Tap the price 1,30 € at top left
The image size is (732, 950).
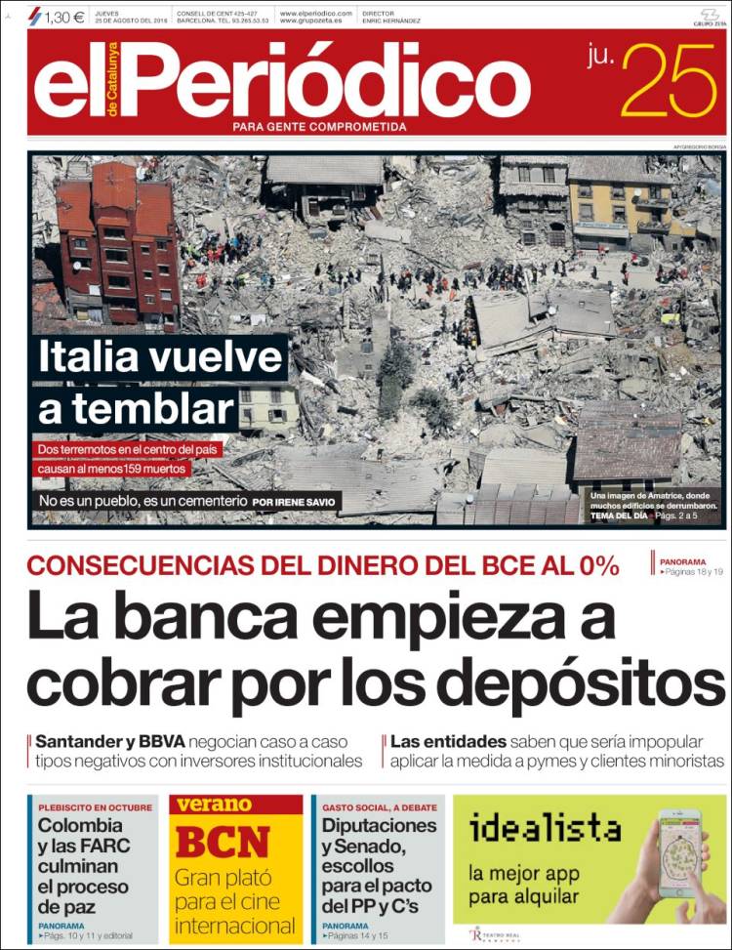click(x=64, y=16)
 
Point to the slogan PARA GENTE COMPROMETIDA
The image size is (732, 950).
click(x=319, y=126)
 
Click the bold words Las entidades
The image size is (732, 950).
click(x=448, y=741)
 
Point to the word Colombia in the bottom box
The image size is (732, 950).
click(x=80, y=825)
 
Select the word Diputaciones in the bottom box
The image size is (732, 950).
click(x=379, y=825)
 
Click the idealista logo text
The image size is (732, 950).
click(x=545, y=829)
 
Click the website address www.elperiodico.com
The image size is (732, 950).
click(x=314, y=13)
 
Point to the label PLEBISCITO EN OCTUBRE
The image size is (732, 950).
click(x=96, y=807)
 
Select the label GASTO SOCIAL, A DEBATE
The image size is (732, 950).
click(x=380, y=807)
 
